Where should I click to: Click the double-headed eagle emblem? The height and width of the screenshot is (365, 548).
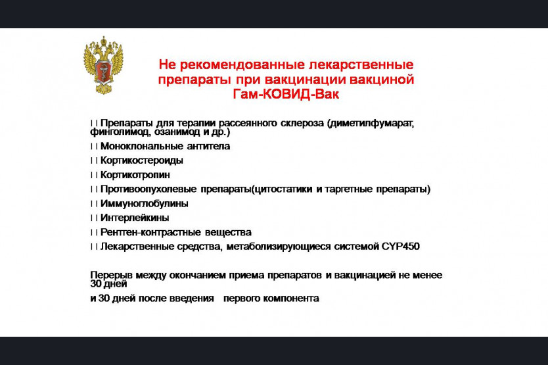pyautogui.click(x=103, y=65)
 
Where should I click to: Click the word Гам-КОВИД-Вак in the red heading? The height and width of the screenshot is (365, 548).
pyautogui.click(x=286, y=94)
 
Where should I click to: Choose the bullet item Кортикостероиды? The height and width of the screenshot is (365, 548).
pyautogui.click(x=141, y=160)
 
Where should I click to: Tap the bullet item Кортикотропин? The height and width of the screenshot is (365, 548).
pyautogui.click(x=135, y=175)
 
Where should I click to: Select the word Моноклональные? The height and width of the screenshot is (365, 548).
pyautogui.click(x=141, y=146)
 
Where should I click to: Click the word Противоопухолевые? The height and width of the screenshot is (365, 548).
pyautogui.click(x=148, y=189)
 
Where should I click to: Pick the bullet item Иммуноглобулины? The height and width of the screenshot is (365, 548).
pyautogui.click(x=144, y=203)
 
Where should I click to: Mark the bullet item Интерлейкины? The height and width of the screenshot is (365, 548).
pyautogui.click(x=135, y=218)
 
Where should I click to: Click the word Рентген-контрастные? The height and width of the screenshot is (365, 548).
pyautogui.click(x=150, y=232)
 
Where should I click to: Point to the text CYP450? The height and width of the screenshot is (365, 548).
pyautogui.click(x=401, y=247)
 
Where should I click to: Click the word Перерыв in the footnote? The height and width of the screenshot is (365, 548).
pyautogui.click(x=111, y=276)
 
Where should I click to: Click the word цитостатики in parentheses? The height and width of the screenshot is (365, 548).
pyautogui.click(x=282, y=189)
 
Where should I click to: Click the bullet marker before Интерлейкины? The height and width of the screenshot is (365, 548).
pyautogui.click(x=94, y=218)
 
